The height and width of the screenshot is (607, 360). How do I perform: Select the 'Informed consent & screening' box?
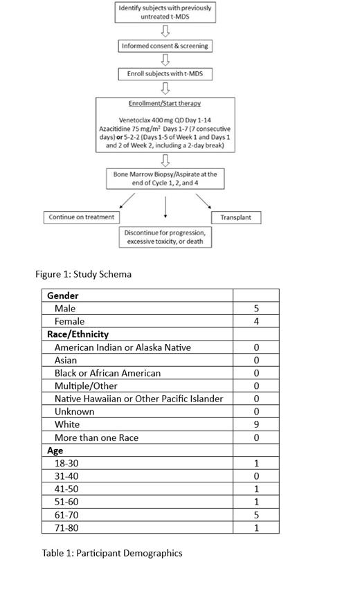(165, 46)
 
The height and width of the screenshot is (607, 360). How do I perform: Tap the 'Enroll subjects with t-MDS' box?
(165, 73)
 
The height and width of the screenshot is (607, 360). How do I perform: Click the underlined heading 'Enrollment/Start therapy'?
(165, 104)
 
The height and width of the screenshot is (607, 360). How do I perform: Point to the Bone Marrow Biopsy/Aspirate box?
(165, 179)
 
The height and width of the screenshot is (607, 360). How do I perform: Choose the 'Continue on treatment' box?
(82, 217)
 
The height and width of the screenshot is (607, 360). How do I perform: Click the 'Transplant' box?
(235, 217)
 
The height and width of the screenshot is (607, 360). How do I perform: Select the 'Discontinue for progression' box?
(165, 237)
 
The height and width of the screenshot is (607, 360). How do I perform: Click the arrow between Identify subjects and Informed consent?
(165, 30)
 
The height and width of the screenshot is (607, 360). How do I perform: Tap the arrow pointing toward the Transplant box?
(203, 201)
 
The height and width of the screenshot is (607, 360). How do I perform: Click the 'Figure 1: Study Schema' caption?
(83, 274)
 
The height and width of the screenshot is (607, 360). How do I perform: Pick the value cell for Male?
(256, 309)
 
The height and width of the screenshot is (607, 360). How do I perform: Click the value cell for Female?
(256, 322)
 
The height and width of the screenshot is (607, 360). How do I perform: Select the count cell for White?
(256, 424)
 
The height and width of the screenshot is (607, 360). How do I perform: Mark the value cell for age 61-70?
(256, 514)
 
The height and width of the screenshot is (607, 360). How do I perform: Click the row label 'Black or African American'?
(107, 373)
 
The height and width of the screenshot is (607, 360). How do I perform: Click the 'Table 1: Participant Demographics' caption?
(112, 553)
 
